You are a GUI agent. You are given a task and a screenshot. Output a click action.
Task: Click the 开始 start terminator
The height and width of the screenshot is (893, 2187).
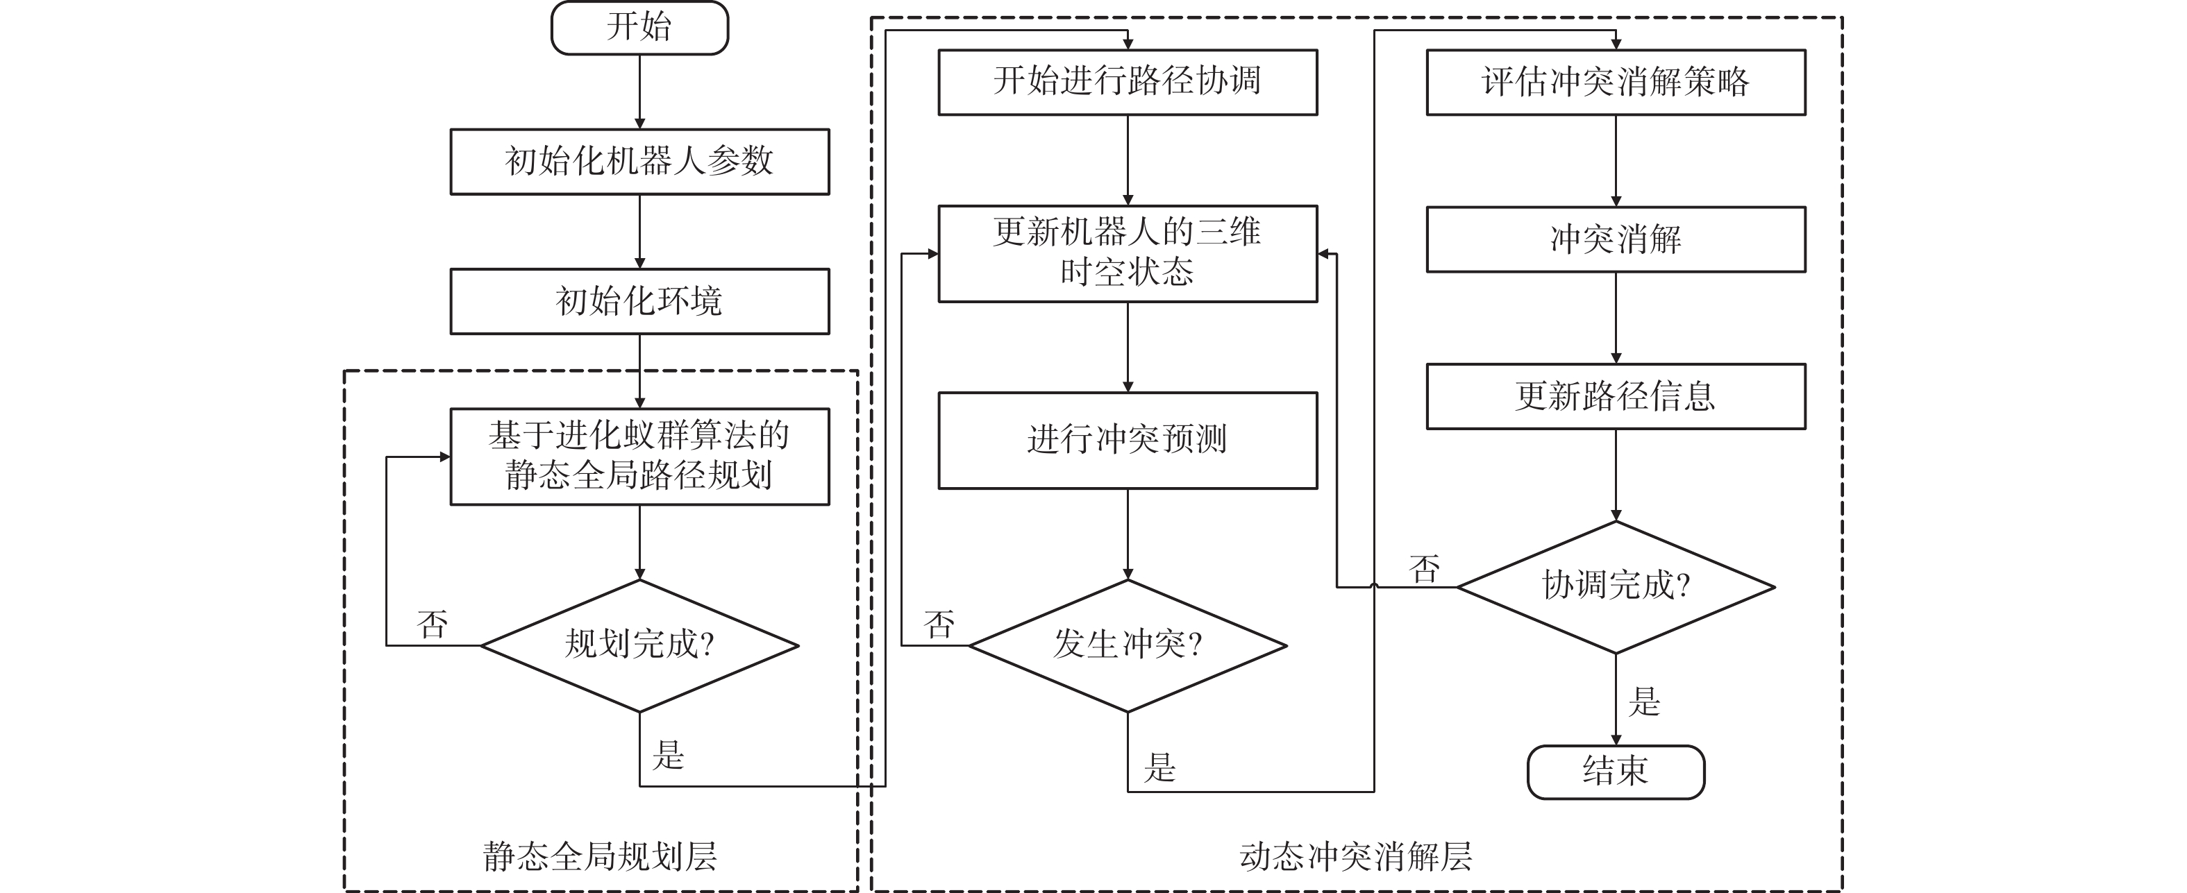click(x=639, y=28)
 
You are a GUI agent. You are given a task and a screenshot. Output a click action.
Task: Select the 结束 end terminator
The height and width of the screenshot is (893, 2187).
click(x=1615, y=772)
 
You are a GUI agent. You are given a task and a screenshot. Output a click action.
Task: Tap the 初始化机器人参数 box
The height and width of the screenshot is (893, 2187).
click(x=639, y=161)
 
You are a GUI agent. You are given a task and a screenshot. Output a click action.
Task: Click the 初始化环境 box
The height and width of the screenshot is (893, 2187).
click(x=639, y=301)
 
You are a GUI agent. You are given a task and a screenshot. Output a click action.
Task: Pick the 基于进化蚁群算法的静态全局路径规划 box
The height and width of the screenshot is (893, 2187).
click(x=639, y=457)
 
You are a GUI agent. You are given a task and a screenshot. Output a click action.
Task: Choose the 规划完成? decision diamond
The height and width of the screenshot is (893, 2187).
click(x=639, y=645)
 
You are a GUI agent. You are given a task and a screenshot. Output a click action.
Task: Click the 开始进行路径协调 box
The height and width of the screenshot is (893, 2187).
click(x=1128, y=81)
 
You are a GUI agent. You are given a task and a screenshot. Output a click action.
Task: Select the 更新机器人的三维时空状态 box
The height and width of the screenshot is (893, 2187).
click(x=1128, y=253)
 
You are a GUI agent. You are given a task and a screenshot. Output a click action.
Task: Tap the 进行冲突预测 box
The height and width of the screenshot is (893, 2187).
click(x=1128, y=440)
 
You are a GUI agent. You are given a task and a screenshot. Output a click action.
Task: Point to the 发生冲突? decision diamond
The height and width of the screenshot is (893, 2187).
click(x=1128, y=645)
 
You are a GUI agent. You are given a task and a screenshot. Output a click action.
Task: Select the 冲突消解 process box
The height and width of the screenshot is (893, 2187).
click(x=1615, y=239)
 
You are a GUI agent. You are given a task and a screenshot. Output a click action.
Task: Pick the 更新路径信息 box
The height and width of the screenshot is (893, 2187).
click(x=1615, y=396)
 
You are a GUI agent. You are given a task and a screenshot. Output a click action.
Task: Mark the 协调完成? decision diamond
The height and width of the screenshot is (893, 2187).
click(x=1615, y=586)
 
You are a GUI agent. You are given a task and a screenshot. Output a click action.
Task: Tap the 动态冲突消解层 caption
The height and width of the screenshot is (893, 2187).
click(x=1355, y=856)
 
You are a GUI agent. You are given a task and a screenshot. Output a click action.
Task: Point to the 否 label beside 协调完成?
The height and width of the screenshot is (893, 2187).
click(x=1425, y=570)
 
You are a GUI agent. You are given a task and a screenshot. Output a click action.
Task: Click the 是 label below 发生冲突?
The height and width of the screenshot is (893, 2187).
click(x=1159, y=767)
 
